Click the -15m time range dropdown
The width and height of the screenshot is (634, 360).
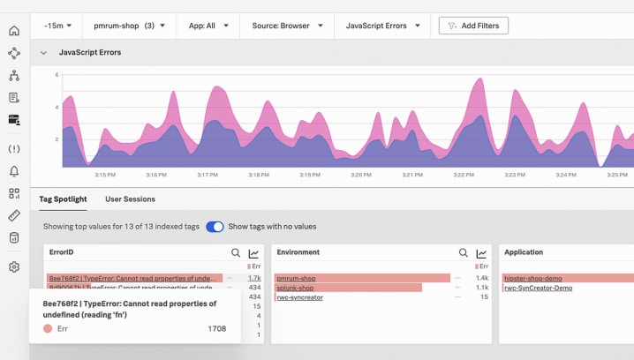pos(58,26)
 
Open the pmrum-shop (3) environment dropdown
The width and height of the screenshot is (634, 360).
pos(129,26)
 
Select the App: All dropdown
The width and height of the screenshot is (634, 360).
pos(208,26)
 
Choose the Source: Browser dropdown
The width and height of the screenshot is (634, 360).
pos(287,26)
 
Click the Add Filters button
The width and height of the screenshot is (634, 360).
pos(472,26)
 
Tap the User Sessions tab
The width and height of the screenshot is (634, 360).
pos(130,199)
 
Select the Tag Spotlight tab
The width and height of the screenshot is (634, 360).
pos(63,199)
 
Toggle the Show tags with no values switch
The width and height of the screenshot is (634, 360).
pos(215,227)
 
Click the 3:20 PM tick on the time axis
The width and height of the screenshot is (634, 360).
pos(360,175)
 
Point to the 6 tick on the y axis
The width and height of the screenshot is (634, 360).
pos(57,75)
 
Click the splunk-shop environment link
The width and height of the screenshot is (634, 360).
pos(295,288)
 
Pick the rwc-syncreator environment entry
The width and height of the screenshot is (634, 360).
pos(299,297)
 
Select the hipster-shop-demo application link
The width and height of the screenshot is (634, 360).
pos(532,278)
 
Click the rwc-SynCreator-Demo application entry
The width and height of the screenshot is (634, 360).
pos(538,288)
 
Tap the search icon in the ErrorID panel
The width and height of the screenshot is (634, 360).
pos(236,253)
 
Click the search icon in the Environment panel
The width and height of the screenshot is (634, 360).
pos(464,253)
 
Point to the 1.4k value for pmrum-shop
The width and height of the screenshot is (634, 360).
pos(482,278)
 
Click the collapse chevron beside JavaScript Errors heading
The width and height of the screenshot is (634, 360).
pos(43,53)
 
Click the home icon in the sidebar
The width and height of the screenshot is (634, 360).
pos(14,31)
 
